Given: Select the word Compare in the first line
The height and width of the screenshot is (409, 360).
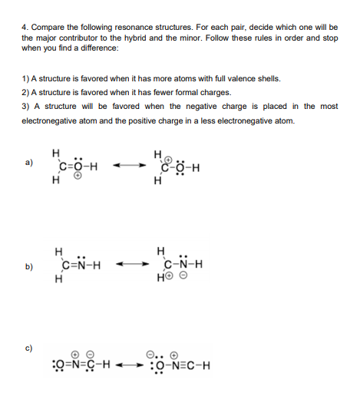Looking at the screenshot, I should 50,28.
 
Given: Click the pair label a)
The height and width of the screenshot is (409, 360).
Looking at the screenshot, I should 28,163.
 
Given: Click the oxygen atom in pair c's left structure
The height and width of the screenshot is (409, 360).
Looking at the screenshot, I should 52,365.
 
